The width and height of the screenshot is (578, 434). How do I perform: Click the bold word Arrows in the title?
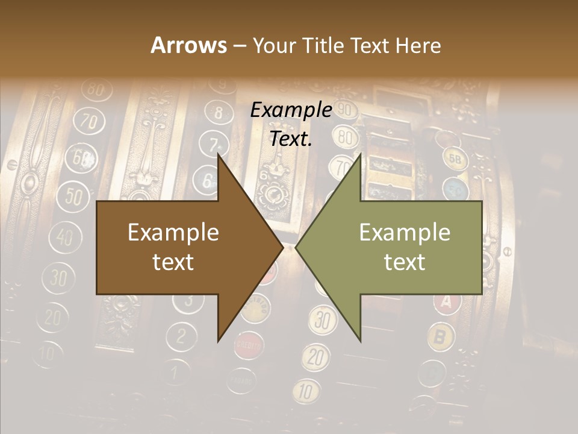(x=188, y=45)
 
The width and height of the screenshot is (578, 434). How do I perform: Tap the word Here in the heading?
(x=418, y=45)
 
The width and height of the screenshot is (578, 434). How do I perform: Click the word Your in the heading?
(x=274, y=45)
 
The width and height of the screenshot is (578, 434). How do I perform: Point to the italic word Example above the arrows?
(x=291, y=110)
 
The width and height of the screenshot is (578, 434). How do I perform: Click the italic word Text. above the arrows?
(x=291, y=139)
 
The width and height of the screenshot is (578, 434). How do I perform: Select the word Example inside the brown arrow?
(x=173, y=233)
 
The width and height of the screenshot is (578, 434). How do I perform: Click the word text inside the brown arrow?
(x=173, y=262)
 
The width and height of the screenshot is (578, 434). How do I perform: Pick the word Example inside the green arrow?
(x=405, y=233)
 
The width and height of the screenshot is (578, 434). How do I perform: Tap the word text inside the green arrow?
(x=405, y=262)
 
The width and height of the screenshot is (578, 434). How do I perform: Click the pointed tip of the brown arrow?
(x=282, y=247)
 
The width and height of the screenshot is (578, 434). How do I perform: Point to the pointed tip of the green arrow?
(x=296, y=247)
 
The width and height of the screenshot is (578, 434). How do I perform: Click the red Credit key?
(x=248, y=345)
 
